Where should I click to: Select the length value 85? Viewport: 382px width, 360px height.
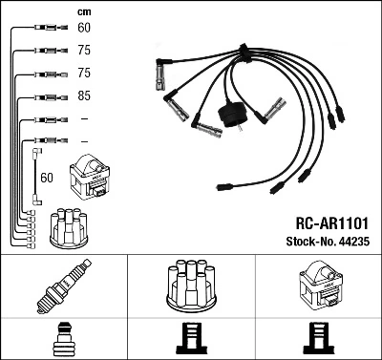click(83, 96)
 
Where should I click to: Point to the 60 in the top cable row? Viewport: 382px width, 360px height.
click(83, 29)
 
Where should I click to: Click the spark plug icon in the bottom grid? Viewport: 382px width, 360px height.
click(64, 287)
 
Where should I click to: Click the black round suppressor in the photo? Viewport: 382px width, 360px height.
click(234, 116)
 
